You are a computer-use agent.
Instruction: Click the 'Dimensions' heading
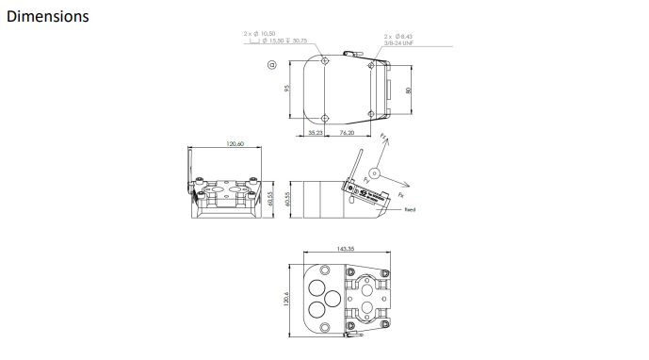[x=48, y=17]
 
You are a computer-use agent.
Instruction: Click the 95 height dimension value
[x=287, y=88]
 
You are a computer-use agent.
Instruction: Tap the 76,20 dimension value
[x=347, y=133]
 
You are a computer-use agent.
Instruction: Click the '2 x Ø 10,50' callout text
[x=260, y=33]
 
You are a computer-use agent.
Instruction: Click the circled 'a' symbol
[x=271, y=65]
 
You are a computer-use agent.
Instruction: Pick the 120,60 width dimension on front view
[x=235, y=144]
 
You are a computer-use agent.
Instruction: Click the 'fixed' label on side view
[x=410, y=209]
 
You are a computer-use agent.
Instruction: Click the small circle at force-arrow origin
[x=375, y=172]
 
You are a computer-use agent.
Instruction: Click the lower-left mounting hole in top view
[x=325, y=117]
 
